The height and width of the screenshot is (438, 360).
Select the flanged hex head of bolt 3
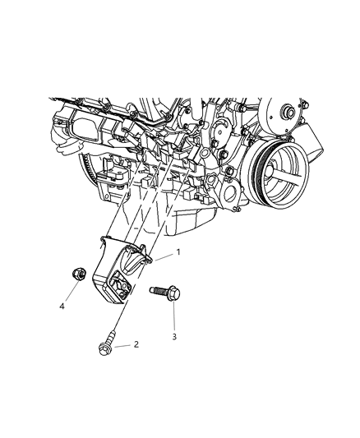[x=173, y=297]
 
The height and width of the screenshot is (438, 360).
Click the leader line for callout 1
[x=160, y=256]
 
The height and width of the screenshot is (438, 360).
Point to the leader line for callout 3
[x=173, y=317]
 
